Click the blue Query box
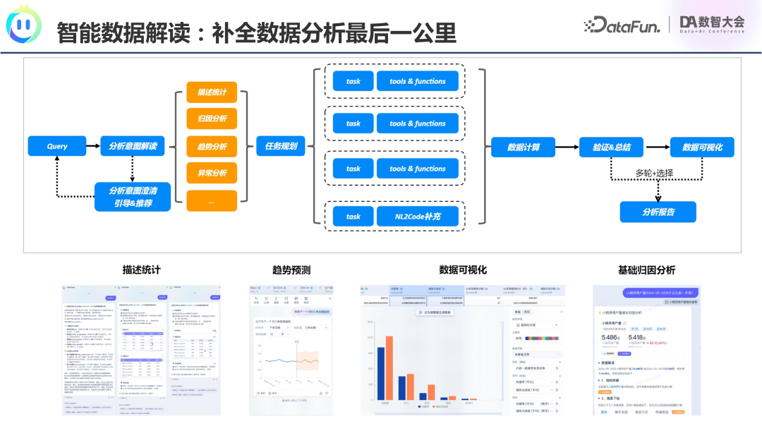click(56, 146)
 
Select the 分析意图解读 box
click(133, 146)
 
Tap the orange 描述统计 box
click(212, 92)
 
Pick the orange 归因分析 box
click(212, 119)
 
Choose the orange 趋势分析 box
click(212, 147)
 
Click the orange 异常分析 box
click(212, 173)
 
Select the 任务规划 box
click(281, 147)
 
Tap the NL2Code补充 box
click(418, 217)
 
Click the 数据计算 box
click(524, 147)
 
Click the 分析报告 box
click(658, 212)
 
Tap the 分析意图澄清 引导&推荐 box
click(133, 197)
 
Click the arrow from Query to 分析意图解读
click(92, 147)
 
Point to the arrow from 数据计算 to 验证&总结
click(567, 147)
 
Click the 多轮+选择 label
click(654, 173)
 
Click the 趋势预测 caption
click(291, 270)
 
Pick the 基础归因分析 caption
click(646, 270)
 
